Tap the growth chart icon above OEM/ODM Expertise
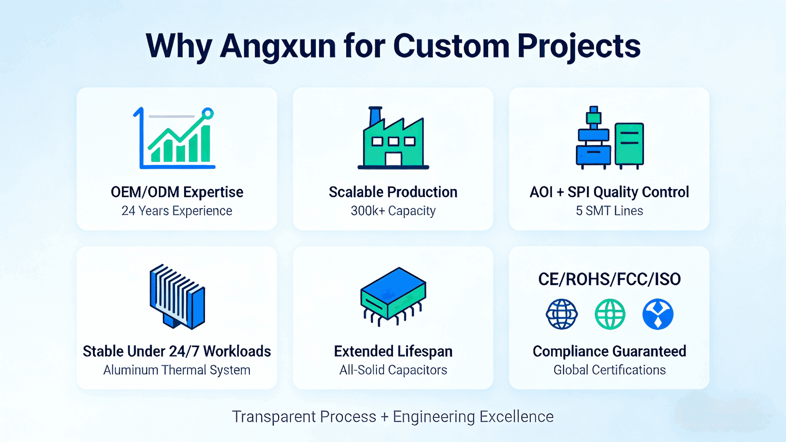[x=174, y=138]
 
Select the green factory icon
[x=393, y=138]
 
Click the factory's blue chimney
[x=375, y=116]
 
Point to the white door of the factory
[x=393, y=159]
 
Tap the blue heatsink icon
[x=177, y=297]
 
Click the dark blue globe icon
[x=561, y=314]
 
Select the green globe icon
[x=610, y=314]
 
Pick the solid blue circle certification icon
[x=658, y=314]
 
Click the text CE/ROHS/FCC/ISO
[x=609, y=279]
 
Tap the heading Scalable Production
[x=393, y=192]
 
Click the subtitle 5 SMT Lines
[x=609, y=210]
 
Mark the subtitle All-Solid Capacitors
[x=393, y=370]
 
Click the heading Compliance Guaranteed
[x=609, y=351]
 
